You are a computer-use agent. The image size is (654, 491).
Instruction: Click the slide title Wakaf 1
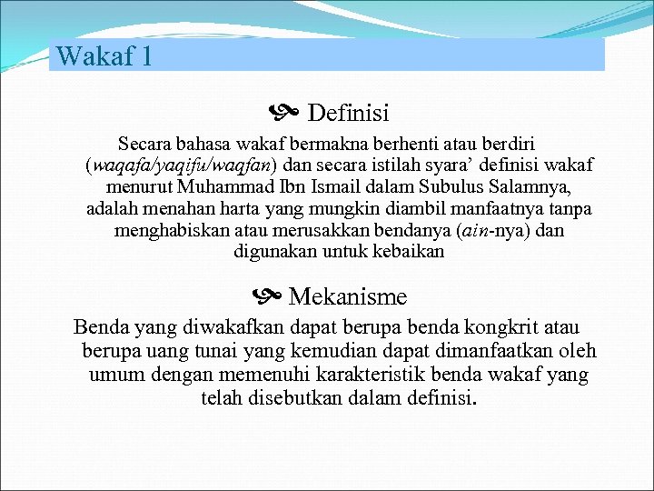(x=104, y=56)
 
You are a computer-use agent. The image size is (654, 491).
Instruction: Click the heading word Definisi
(x=348, y=114)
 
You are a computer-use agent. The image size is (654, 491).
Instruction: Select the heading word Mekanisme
(x=348, y=296)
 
